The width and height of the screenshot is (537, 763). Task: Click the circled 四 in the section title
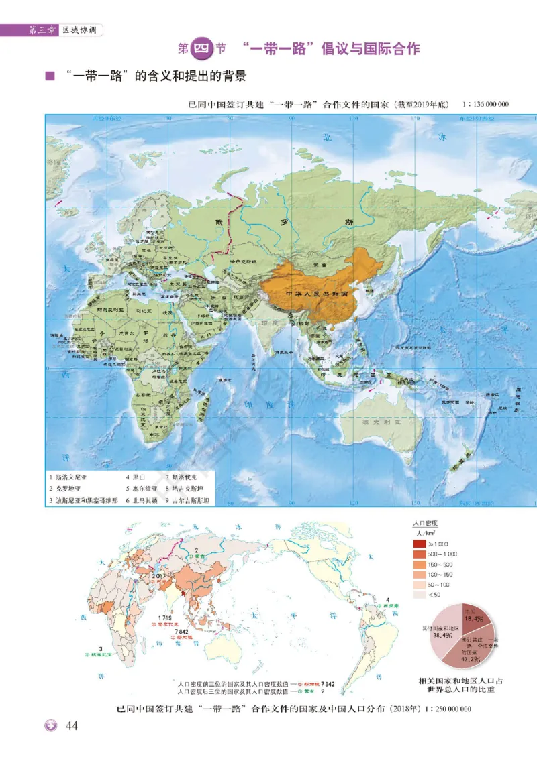coord(202,49)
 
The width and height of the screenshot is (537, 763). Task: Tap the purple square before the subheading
coord(49,76)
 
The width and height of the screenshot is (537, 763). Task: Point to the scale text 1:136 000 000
coord(485,105)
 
